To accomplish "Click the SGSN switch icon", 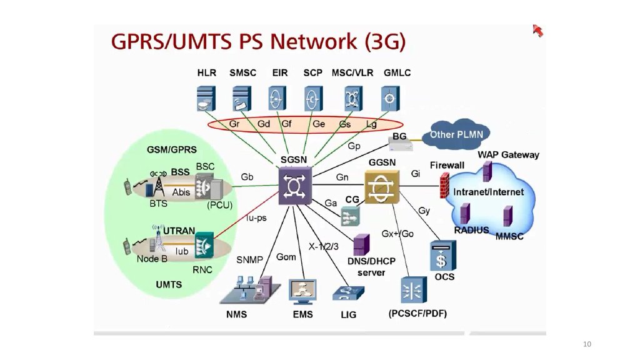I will coord(294,186).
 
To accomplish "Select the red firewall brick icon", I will coord(444,185).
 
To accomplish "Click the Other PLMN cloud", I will coord(460,134).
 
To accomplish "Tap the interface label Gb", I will coord(247,177).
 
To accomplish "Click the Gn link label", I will coord(342,177).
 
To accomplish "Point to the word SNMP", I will coord(249,259).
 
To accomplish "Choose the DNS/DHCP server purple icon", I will coord(361,244).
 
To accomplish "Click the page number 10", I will coord(586,344).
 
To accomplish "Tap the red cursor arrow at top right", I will coord(537,30).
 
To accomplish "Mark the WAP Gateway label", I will coord(508,154).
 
